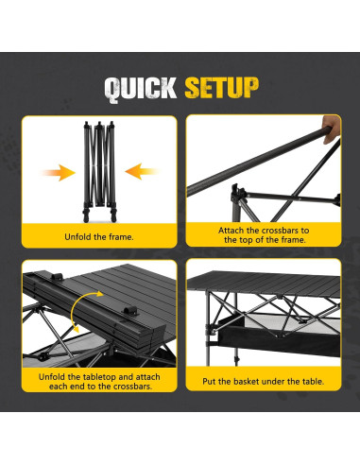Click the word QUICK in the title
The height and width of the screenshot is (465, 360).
141,88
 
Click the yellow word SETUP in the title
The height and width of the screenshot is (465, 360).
221,88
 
